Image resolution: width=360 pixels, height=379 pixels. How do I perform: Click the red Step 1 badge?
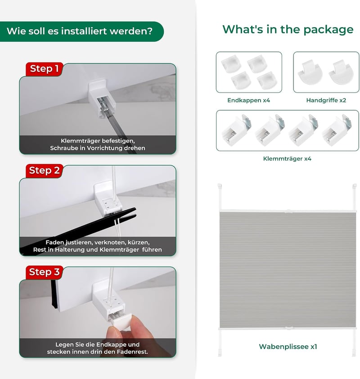(x=44, y=69)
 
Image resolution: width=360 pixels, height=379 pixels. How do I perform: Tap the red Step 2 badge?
(x=44, y=171)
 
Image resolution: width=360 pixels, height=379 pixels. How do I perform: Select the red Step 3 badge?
(x=44, y=272)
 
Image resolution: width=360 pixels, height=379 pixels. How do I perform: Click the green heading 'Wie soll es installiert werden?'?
(x=80, y=31)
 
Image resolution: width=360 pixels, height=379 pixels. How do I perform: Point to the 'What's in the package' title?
(x=288, y=30)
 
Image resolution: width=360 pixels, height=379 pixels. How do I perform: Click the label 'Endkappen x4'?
(x=248, y=100)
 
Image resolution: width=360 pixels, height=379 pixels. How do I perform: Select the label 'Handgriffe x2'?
(x=326, y=100)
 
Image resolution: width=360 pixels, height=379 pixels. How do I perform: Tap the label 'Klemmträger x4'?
(x=287, y=159)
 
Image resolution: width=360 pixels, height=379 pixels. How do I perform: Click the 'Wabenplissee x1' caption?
(x=288, y=347)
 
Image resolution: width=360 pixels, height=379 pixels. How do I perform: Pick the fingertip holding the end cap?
(x=114, y=332)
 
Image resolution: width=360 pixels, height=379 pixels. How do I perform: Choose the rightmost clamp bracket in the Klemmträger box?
(x=337, y=130)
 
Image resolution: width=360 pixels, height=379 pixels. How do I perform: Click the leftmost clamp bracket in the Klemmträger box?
(x=236, y=130)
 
